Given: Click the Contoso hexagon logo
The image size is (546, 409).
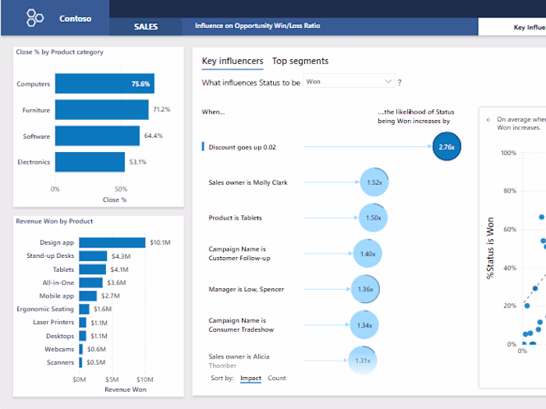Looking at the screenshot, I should (35, 17).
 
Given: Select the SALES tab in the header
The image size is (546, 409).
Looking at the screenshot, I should (146, 26).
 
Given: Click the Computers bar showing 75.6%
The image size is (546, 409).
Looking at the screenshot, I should (104, 84).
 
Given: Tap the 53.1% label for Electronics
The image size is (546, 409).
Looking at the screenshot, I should (138, 162).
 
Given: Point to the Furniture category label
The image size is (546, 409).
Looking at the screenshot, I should (36, 111).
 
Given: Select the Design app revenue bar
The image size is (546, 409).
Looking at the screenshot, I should (112, 243).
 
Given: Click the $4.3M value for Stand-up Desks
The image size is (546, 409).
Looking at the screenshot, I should (121, 256).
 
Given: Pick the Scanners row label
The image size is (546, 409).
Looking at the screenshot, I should (59, 362).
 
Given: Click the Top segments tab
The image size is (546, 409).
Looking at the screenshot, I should (300, 61).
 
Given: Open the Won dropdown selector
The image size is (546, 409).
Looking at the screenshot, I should (349, 81).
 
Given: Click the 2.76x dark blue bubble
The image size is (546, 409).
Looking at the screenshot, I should (446, 146).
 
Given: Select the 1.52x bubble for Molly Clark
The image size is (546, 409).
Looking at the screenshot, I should (374, 182).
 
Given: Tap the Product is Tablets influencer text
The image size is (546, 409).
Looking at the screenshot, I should (235, 218).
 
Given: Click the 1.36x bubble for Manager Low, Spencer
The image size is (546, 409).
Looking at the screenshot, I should (364, 289).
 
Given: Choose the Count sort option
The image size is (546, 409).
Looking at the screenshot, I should (277, 378).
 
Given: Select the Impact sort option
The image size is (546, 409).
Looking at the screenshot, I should (250, 378).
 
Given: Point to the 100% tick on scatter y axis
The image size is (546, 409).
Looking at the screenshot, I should (508, 153).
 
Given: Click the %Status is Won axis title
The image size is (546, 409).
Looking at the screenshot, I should (491, 249).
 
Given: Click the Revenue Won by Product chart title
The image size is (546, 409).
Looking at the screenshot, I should (55, 221).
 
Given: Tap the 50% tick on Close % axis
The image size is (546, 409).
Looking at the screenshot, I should (121, 189).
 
